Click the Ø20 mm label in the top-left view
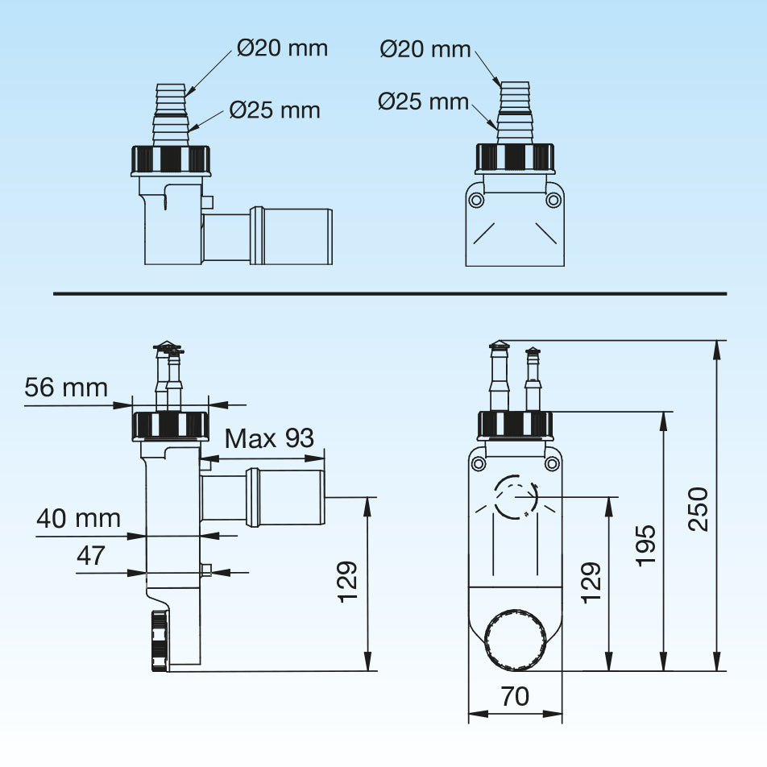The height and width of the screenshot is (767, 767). click(283, 48)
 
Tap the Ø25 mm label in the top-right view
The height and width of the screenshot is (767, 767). click(424, 102)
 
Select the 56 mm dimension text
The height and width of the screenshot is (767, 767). click(66, 388)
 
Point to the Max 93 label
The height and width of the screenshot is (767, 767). click(269, 439)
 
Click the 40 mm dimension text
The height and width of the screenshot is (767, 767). click(78, 518)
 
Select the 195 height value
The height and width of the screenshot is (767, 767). click(645, 545)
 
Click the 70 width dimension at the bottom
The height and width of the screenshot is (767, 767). click(515, 695)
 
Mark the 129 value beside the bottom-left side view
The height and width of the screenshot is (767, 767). click(346, 583)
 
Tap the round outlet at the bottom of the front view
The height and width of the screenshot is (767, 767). click(516, 640)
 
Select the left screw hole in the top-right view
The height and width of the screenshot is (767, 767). click(477, 199)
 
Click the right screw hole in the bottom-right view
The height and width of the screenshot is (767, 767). click(552, 463)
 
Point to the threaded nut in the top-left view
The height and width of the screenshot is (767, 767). click(171, 159)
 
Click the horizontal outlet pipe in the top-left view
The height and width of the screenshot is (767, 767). click(267, 236)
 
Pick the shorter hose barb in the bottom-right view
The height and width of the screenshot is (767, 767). click(532, 379)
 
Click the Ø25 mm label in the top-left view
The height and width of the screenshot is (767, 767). click(275, 110)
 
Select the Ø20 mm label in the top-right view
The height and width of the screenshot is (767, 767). click(425, 49)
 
